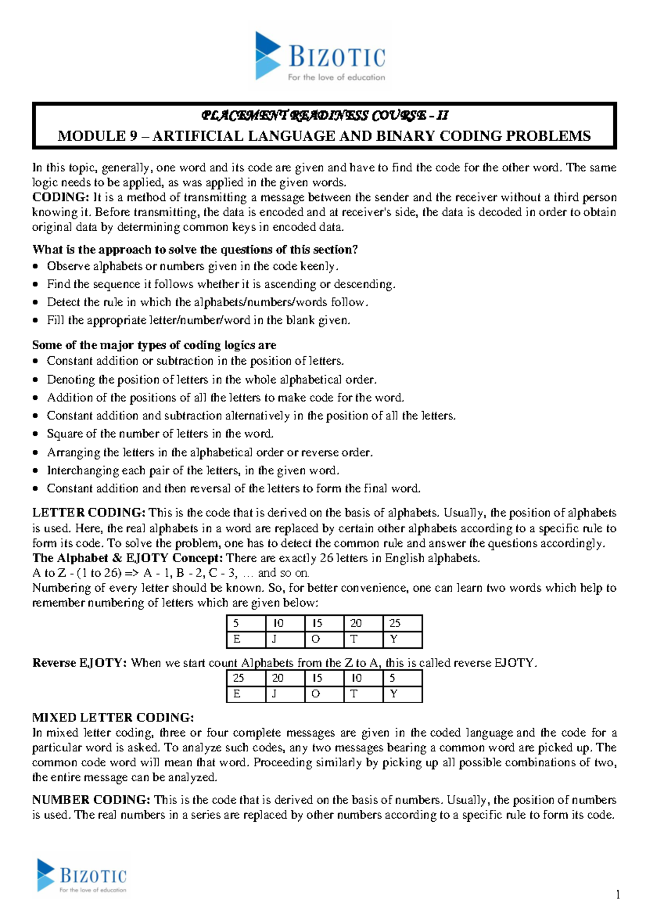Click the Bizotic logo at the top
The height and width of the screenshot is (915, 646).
tap(320, 56)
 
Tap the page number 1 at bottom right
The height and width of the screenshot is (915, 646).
tap(617, 895)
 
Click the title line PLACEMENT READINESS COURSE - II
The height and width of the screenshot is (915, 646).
tap(324, 115)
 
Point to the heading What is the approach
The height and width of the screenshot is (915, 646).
tap(195, 249)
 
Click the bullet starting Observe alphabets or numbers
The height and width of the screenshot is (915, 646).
tap(192, 266)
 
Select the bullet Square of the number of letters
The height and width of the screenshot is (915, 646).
tap(160, 434)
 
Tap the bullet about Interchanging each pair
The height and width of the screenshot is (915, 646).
tap(193, 470)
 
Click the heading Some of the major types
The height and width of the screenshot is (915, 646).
tap(154, 345)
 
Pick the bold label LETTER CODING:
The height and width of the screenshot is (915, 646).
tap(88, 513)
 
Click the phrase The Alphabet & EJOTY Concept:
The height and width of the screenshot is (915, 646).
tap(127, 558)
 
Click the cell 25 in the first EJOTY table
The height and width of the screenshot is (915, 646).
tap(402, 623)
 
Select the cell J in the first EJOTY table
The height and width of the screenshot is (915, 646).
tap(285, 639)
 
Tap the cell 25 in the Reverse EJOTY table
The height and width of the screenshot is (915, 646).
tap(245, 678)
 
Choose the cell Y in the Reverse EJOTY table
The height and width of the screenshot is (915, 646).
tap(402, 694)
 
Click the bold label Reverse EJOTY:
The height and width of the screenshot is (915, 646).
tap(80, 663)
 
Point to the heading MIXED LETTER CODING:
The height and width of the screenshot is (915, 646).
tap(113, 718)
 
